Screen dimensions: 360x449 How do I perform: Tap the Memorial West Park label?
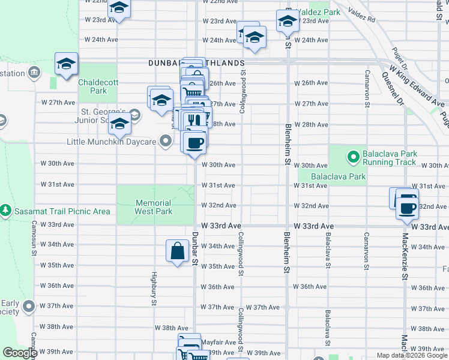tap(153, 207)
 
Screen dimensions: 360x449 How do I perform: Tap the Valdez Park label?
tap(322, 11)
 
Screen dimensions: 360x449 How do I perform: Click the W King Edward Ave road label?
tap(414, 82)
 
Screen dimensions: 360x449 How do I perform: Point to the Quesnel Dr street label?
tap(393, 94)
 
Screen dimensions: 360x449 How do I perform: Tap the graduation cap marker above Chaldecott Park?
tap(66, 63)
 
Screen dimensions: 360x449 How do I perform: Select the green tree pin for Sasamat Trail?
tap(5, 211)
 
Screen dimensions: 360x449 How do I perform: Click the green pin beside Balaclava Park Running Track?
tap(354, 158)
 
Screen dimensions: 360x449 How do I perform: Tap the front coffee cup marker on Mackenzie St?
tap(408, 208)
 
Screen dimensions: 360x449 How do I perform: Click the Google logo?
tap(20, 353)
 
